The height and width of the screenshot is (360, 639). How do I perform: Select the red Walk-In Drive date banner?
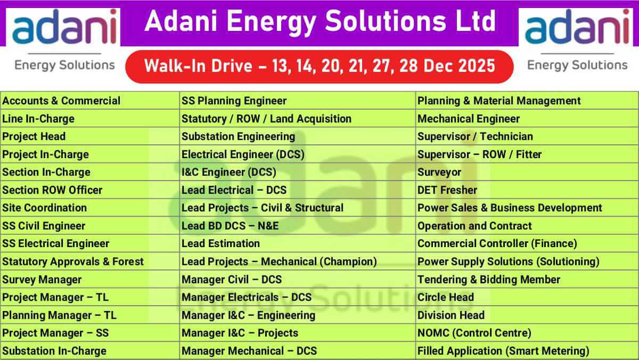click(x=319, y=67)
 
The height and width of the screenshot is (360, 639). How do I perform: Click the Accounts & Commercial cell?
click(x=90, y=101)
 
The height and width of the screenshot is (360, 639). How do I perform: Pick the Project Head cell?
click(x=90, y=136)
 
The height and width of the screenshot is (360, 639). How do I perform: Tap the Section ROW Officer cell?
click(x=90, y=190)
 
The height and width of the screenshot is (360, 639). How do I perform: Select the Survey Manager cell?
click(x=90, y=279)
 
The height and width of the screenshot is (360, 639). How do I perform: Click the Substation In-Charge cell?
click(x=90, y=350)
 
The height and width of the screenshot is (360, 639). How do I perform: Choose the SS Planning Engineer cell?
click(x=298, y=101)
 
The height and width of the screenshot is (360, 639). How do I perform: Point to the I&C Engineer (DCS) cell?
click(x=298, y=172)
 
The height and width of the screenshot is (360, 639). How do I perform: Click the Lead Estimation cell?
click(x=298, y=243)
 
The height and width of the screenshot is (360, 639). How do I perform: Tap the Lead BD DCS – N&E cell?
click(x=298, y=226)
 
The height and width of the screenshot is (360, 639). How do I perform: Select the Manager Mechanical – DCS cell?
click(x=298, y=350)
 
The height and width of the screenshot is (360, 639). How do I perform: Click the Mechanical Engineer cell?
click(x=527, y=118)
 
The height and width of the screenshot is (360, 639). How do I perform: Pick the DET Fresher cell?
click(x=527, y=190)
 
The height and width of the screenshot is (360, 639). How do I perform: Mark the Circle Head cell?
click(x=527, y=297)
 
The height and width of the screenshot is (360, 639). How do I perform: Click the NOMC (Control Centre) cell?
click(x=527, y=333)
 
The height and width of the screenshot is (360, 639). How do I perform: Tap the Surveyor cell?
click(x=527, y=172)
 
